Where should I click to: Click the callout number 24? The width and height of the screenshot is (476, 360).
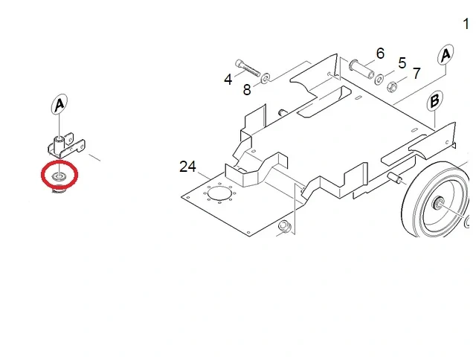click(187, 167)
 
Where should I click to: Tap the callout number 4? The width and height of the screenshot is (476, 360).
click(228, 80)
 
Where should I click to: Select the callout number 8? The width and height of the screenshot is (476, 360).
click(247, 90)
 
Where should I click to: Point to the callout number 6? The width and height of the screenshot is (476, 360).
click(380, 54)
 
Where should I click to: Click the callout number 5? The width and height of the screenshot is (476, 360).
click(402, 62)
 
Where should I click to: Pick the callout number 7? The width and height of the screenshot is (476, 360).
click(416, 73)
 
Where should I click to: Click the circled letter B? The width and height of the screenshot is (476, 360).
click(434, 100)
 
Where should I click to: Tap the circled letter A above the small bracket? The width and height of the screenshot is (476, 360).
click(59, 104)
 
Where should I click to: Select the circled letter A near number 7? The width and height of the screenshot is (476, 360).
click(446, 54)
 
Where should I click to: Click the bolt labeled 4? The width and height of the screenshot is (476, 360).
click(248, 68)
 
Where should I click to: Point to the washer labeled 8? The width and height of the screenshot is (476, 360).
click(266, 77)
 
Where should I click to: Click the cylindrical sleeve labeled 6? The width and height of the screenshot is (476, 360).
click(361, 69)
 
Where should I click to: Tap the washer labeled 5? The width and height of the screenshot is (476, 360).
click(379, 79)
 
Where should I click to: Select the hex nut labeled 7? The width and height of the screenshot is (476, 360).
click(392, 87)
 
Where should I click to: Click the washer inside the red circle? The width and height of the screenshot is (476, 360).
click(59, 176)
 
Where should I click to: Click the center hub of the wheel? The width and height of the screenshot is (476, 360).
click(438, 202)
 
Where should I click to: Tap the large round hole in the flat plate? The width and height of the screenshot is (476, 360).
click(220, 193)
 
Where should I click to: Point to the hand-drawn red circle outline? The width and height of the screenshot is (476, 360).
click(59, 162)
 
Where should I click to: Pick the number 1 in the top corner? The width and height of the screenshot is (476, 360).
click(466, 24)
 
